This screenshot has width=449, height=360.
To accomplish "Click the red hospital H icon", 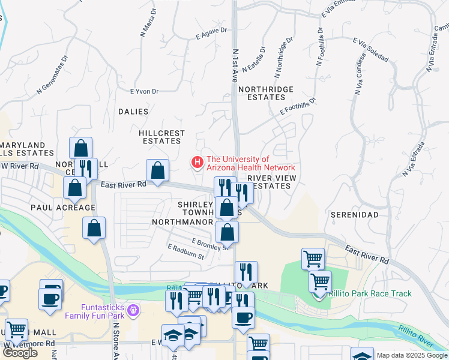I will coord(196,163).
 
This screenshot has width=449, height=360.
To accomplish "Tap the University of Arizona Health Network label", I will coord(250,164).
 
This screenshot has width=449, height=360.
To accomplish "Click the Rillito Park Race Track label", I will coord(370,293).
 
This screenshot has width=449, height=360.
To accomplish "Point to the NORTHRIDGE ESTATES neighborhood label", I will coord(266,93).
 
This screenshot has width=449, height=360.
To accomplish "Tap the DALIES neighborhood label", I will coord(133,112).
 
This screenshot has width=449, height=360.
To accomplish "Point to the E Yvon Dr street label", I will coord(144,91).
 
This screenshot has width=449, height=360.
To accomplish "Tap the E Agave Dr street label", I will coord(211,34).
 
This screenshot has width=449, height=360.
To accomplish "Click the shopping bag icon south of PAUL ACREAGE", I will coord(94,229).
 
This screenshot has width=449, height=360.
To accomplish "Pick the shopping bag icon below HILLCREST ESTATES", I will coord(157,171).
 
